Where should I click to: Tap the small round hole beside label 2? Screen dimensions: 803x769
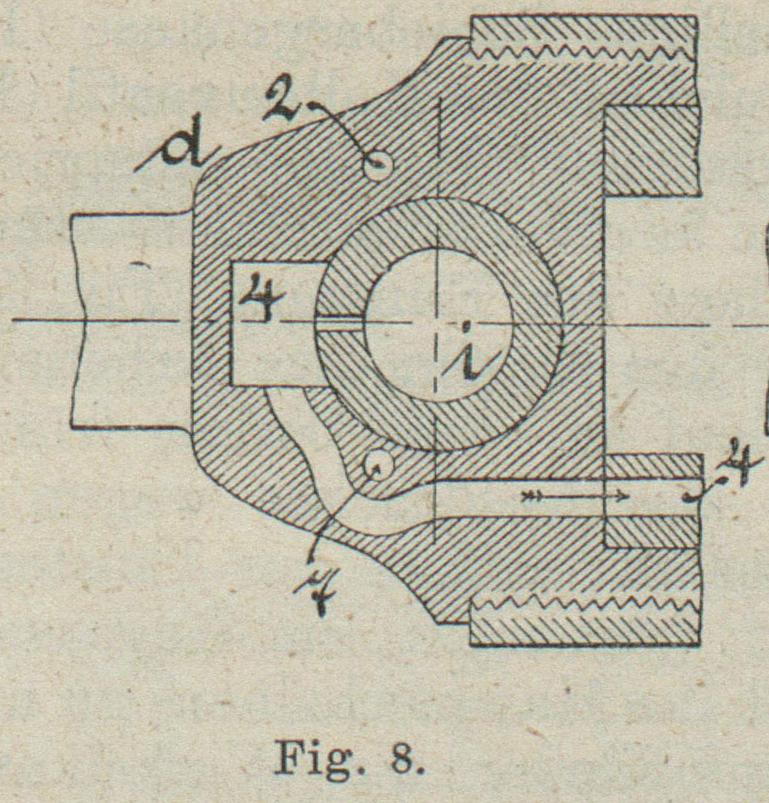click(378, 166)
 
